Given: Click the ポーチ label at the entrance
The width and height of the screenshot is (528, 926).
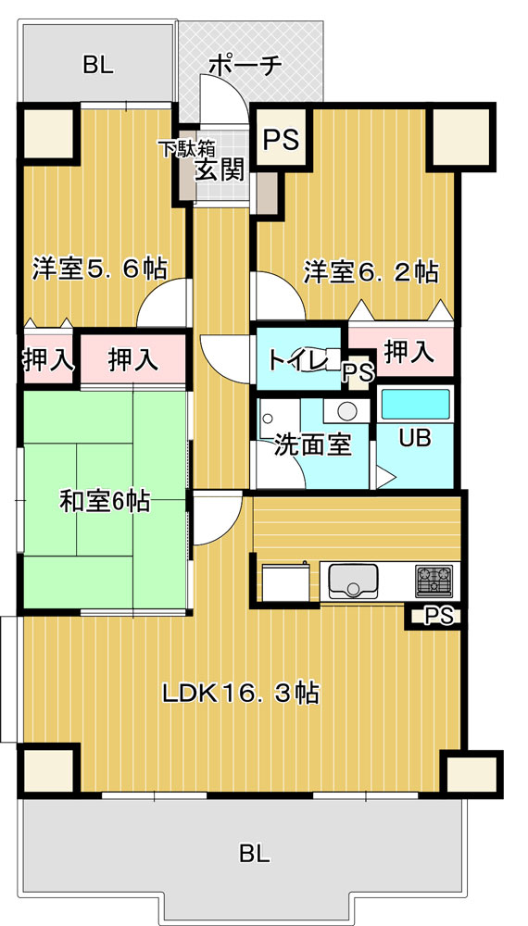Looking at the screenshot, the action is (244, 66).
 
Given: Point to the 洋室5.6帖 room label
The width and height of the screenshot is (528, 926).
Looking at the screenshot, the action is (98, 269).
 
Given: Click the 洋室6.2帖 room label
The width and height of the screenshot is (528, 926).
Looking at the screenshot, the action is (371, 273).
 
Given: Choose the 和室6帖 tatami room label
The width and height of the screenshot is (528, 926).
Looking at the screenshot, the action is (104, 502).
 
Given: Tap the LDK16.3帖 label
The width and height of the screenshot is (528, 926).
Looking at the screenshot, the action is (242, 693).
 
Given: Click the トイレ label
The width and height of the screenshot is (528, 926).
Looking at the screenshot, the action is (295, 359).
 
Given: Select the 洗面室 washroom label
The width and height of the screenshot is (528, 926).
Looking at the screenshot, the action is (314, 445).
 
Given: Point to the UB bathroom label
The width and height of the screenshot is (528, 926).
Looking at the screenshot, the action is (416, 438).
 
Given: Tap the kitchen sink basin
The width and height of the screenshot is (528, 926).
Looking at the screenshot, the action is (353, 580).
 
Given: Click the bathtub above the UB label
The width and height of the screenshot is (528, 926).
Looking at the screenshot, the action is (416, 405).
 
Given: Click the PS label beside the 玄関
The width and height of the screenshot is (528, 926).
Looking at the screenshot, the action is (281, 141).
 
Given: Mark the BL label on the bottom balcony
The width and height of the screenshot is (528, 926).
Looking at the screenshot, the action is (255, 853).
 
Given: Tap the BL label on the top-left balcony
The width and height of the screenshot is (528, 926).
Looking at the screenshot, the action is (98, 66).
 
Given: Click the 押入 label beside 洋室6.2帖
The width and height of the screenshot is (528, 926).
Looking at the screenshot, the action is (409, 353).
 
